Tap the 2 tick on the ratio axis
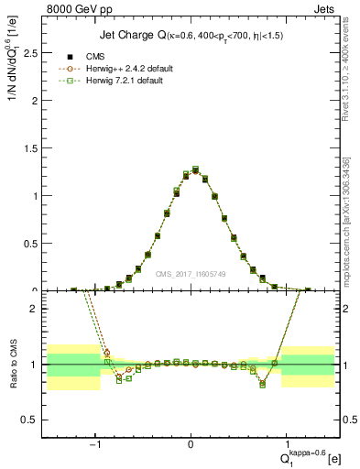[x=37, y=309]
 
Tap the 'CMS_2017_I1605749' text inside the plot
[x=191, y=273]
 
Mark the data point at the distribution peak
[x=195, y=169]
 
